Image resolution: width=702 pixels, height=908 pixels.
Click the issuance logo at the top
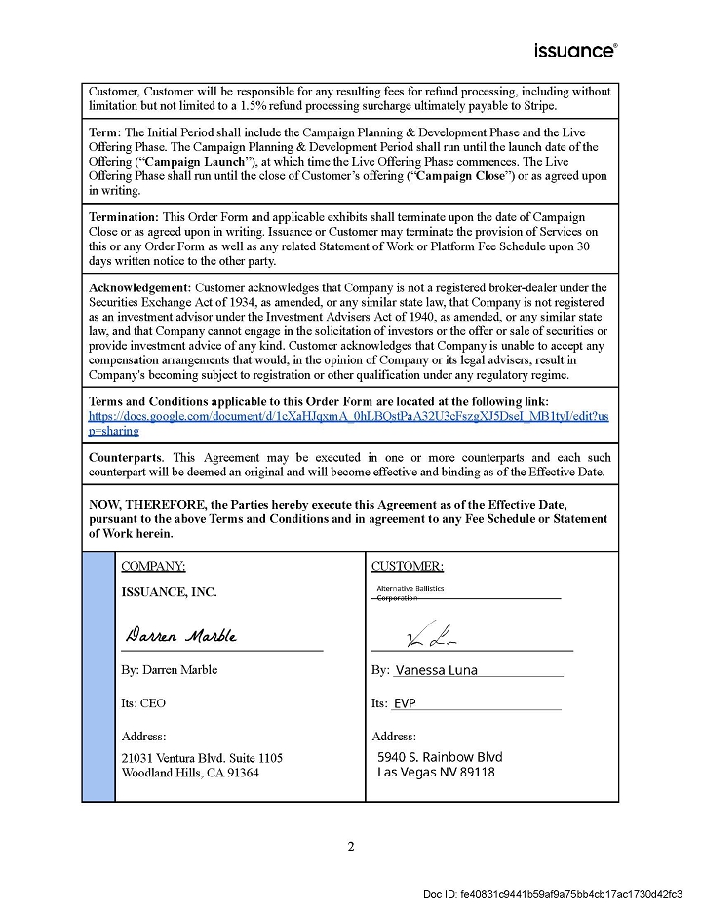tap(575, 50)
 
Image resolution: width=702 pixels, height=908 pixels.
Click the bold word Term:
tap(106, 132)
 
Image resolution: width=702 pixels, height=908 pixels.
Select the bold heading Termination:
tap(124, 217)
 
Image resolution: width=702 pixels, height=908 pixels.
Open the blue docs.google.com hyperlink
tap(349, 423)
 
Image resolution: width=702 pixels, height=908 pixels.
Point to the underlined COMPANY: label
tap(153, 566)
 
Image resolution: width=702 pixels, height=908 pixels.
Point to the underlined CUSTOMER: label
tap(408, 566)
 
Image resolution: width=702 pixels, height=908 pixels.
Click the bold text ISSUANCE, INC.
tap(169, 592)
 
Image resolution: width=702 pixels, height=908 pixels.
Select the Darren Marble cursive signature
tap(181, 636)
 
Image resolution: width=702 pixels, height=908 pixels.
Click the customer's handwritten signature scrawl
tap(424, 638)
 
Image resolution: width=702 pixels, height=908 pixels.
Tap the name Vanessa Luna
tap(436, 670)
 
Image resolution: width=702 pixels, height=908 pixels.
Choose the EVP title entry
tap(405, 703)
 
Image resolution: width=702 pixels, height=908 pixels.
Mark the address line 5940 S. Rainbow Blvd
tap(440, 757)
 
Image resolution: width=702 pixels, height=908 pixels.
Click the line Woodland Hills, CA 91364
tap(190, 773)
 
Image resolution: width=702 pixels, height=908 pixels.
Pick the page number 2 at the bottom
tap(351, 846)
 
